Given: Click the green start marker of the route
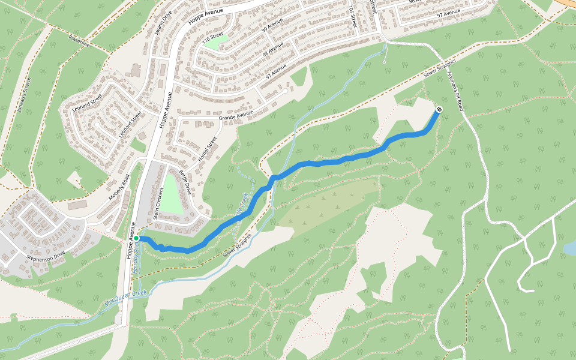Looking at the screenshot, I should [x=136, y=238].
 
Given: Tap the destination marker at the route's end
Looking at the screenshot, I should [x=439, y=109].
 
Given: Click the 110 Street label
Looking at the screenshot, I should [x=213, y=38].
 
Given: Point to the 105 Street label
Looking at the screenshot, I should [x=353, y=17].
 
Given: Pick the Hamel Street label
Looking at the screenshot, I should [x=207, y=150].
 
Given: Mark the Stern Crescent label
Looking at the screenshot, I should [x=158, y=204].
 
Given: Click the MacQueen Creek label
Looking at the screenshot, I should [x=126, y=298].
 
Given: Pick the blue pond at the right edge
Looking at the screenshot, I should [x=570, y=247].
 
